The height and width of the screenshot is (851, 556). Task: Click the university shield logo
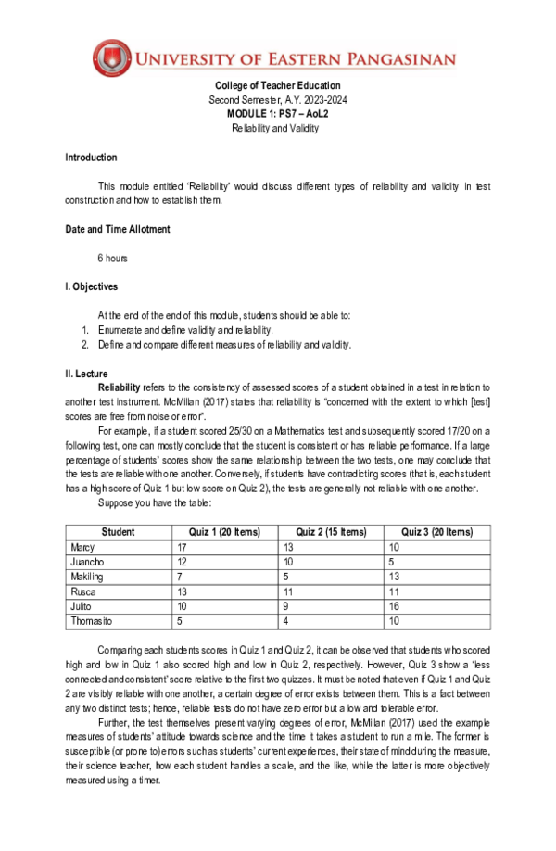[x=113, y=59]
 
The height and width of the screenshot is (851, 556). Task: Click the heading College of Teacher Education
[x=278, y=86]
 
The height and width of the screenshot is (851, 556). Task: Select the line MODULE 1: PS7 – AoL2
[x=278, y=114]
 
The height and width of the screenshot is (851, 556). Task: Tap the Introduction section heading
[x=91, y=158]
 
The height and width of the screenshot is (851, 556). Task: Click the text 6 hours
[x=112, y=258]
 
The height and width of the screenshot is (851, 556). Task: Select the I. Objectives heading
[x=91, y=286]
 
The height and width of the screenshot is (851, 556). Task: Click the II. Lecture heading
[x=86, y=374]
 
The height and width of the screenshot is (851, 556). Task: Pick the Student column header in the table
[x=118, y=532]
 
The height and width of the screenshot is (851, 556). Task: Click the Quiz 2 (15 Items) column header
[x=331, y=532]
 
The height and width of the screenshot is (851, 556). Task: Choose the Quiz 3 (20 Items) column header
[x=436, y=532]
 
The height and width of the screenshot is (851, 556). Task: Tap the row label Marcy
[x=82, y=547]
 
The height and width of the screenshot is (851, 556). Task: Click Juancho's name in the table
[x=87, y=562]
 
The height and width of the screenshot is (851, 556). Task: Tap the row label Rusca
[x=83, y=591]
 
